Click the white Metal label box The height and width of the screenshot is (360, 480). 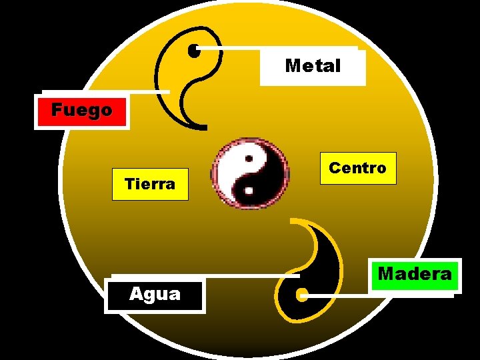313,66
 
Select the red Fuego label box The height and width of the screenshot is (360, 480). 81,110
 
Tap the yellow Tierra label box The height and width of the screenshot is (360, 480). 150,183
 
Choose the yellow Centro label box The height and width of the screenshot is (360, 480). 357,168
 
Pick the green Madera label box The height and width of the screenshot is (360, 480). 414,274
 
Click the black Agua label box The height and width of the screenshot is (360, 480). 155,294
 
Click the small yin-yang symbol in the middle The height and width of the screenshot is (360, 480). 250,173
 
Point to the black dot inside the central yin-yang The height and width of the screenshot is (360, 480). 247,160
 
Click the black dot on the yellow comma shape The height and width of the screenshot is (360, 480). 194,50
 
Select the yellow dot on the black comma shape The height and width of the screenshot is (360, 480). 301,294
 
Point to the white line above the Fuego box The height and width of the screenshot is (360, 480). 107,91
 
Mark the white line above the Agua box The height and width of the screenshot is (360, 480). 200,275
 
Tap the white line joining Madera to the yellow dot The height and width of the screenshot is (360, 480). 340,294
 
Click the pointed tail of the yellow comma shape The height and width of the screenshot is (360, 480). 204,126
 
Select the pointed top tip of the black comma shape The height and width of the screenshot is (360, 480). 293,219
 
